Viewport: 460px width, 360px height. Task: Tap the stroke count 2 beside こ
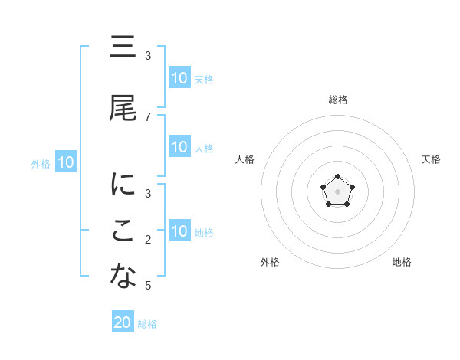click(148, 240)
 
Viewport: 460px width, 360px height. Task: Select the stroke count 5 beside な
click(148, 286)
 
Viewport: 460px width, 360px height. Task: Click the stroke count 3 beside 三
click(148, 56)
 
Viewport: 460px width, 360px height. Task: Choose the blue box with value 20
click(123, 322)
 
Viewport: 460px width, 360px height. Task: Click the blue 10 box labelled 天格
click(179, 78)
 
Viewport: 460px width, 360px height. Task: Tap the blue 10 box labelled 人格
click(179, 147)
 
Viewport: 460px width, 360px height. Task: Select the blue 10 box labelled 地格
click(179, 231)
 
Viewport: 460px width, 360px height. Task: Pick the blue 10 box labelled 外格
click(66, 162)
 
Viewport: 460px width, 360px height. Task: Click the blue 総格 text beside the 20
click(147, 324)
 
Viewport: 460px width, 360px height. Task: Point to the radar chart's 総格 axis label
click(337, 100)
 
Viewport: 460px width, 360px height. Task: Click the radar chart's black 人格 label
click(245, 159)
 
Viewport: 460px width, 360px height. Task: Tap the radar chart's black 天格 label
click(431, 159)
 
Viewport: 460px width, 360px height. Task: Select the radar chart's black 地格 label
click(402, 262)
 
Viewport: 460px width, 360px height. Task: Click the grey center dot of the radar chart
click(337, 191)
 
